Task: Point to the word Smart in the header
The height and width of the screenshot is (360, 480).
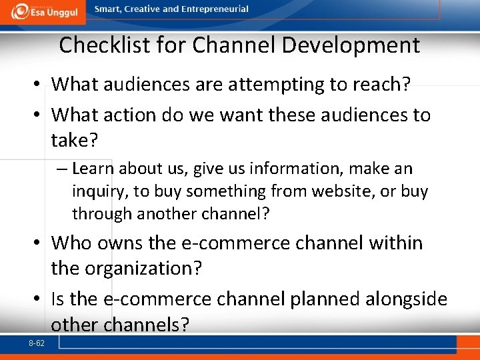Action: [x=108, y=9]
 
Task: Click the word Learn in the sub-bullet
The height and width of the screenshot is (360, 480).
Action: [x=94, y=169]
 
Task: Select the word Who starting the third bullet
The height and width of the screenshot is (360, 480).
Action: [x=71, y=243]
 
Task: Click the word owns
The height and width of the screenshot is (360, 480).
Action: [x=119, y=243]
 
